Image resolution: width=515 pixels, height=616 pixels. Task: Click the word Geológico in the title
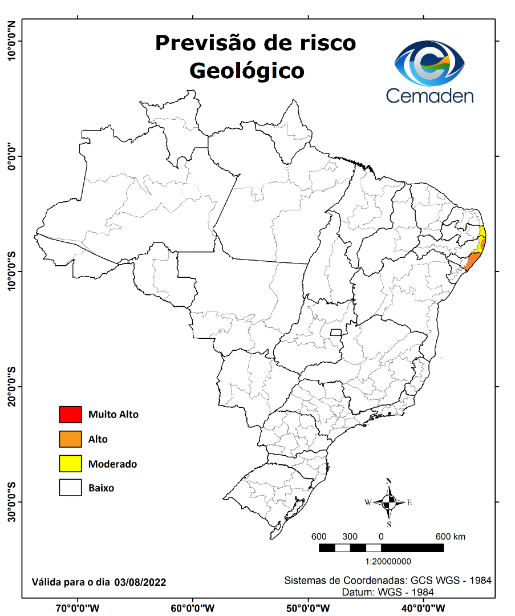point(246,71)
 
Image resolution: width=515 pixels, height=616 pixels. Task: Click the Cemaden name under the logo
point(429,95)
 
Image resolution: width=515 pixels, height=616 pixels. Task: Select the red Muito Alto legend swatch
point(70,414)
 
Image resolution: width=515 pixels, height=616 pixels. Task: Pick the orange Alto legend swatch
point(70,439)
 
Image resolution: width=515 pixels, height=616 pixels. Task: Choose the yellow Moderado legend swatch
point(70,464)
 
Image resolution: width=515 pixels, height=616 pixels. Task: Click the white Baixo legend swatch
point(70,488)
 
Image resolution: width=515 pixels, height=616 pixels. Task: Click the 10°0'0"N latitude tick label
point(11,41)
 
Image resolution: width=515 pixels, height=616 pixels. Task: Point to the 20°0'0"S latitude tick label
point(11,387)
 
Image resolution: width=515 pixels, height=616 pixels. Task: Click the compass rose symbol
point(389,502)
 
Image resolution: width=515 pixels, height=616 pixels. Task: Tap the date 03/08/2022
point(140,582)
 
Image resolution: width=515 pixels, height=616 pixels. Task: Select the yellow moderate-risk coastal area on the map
point(483,233)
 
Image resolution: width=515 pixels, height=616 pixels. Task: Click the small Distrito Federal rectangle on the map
point(336,332)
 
